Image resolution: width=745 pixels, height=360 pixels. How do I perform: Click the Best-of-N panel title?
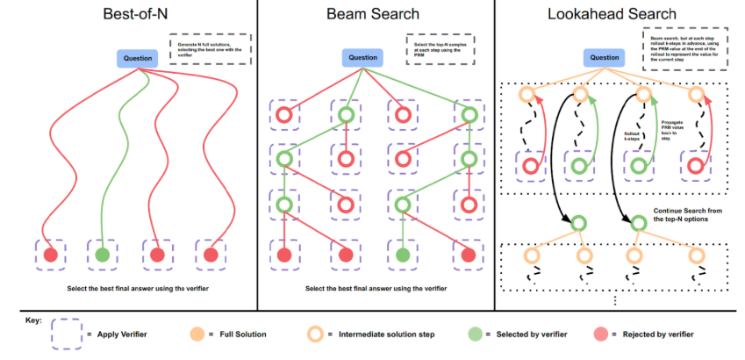click(128, 15)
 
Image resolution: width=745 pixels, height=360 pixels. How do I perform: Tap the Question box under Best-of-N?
click(138, 59)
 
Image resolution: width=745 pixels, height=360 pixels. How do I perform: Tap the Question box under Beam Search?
click(363, 59)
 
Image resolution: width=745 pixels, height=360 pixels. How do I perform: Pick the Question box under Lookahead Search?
click(603, 59)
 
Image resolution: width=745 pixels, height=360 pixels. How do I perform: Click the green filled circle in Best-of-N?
click(103, 256)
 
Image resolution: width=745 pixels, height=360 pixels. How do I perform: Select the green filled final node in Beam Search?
click(403, 256)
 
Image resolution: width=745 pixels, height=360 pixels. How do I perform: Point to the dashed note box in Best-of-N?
click(210, 49)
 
